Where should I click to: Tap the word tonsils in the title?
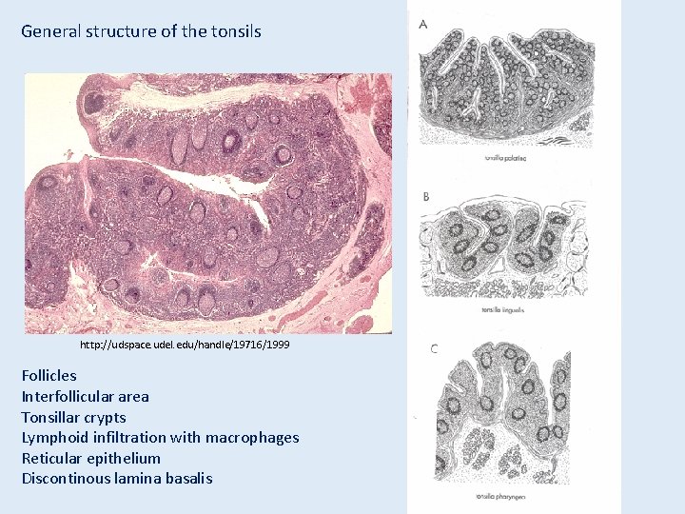point(234,31)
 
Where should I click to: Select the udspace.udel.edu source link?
point(185,345)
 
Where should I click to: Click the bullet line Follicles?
point(49,375)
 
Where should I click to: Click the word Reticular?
point(53,458)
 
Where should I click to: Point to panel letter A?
point(423,23)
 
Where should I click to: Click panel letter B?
point(425,197)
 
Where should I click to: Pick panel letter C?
point(434,348)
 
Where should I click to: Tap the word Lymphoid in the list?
point(52,438)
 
